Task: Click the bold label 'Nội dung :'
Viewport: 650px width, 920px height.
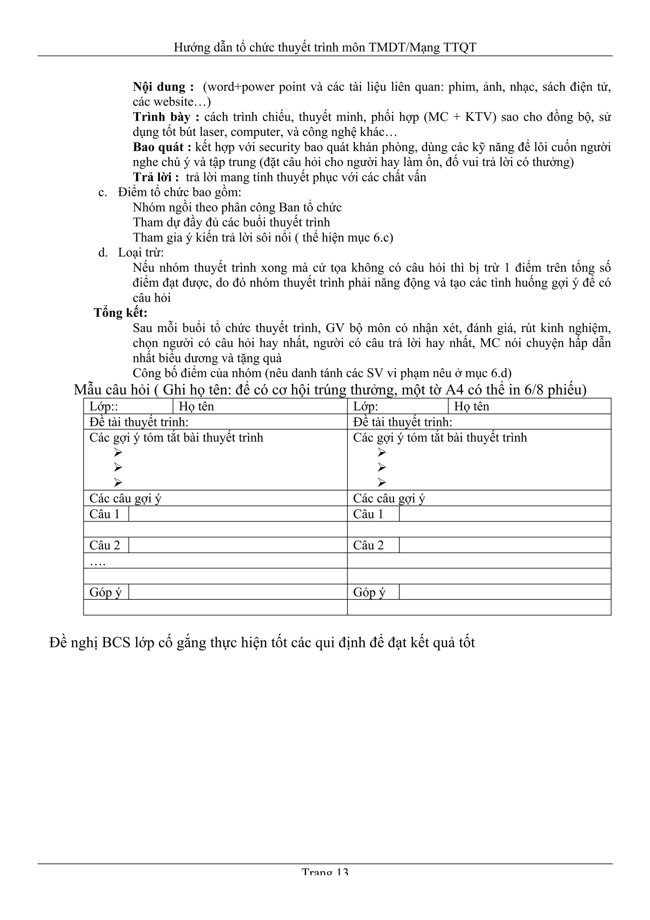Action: (x=163, y=87)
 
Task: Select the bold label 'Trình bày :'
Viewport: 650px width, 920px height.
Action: (x=166, y=117)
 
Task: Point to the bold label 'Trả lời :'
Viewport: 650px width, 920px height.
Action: (x=156, y=177)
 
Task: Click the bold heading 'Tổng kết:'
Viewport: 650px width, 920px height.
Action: (x=121, y=313)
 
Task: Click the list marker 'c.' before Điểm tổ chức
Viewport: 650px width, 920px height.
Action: (x=103, y=192)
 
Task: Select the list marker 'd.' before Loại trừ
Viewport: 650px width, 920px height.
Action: (x=103, y=252)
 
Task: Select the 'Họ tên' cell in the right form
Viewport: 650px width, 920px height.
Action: (x=471, y=406)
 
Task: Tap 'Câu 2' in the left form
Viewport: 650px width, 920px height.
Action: (x=104, y=545)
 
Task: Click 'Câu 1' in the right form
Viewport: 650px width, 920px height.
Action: (x=368, y=514)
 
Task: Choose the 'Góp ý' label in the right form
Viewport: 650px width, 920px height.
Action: (x=369, y=592)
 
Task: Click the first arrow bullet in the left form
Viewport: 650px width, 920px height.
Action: (x=117, y=452)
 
